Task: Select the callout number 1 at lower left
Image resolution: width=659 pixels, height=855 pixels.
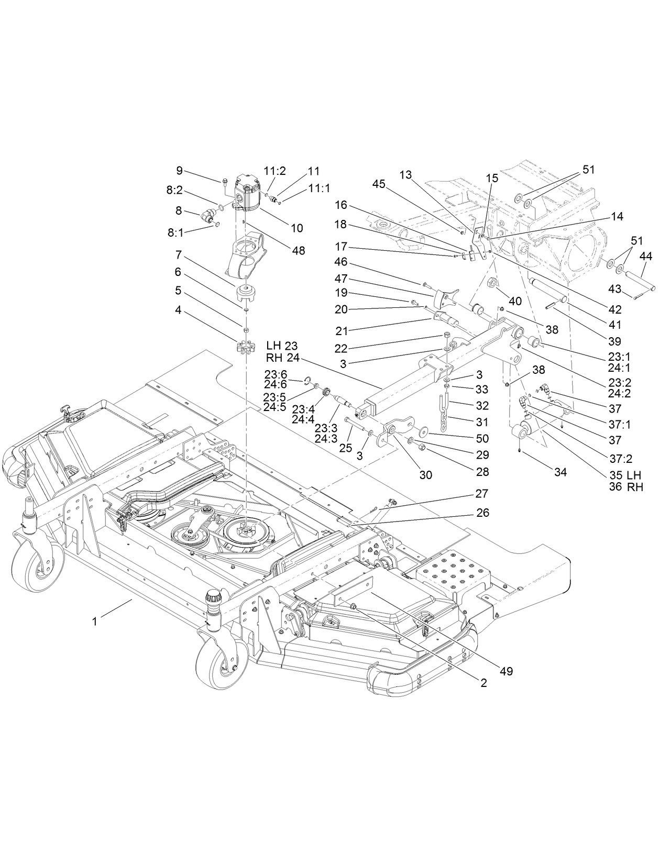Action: tap(94, 621)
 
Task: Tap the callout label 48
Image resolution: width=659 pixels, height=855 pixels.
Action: tap(299, 251)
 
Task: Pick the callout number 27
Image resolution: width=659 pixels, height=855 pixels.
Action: tap(482, 493)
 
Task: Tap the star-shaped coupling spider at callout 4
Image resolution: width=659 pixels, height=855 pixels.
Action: tap(245, 348)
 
